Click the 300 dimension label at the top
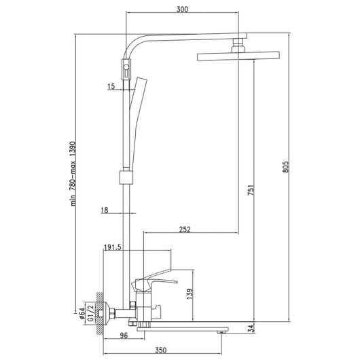coord(182,10)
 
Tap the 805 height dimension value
coord(285,167)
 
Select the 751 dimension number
coord(251,190)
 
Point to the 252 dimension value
coord(185,230)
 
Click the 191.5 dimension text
coord(113,247)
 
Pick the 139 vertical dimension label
coord(190,294)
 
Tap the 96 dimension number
coord(124,336)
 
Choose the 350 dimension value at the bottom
coord(161,350)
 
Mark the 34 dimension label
coord(251,328)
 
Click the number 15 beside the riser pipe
coord(111,86)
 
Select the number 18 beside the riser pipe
coord(104,210)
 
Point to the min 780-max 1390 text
coord(73,174)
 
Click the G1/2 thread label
coord(91,313)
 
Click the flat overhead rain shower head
coord(238,56)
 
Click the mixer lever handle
coord(154,283)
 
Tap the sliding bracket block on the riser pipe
coord(126,177)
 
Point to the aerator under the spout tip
coord(221,332)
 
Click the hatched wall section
coord(99,313)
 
